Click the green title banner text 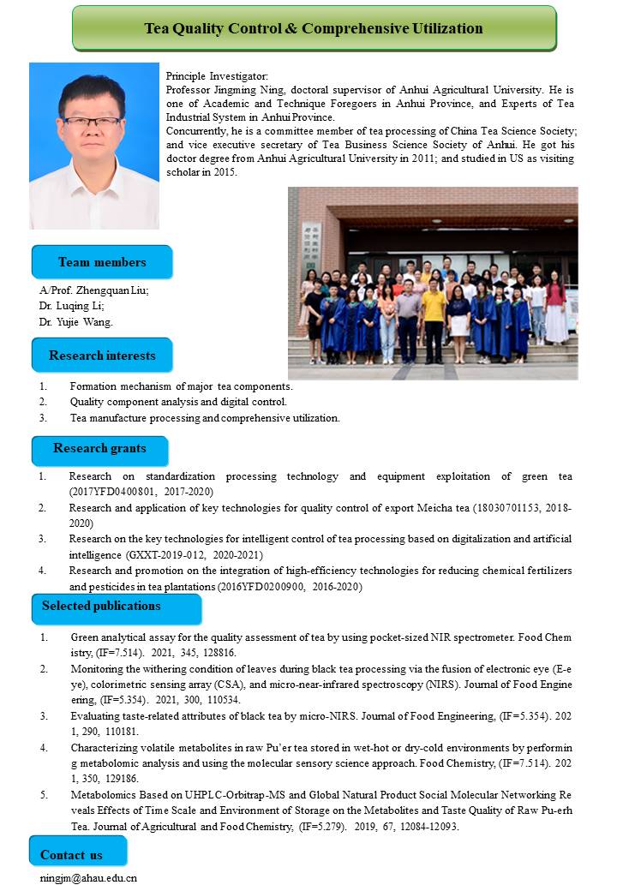tap(313, 28)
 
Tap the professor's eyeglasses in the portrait tap(92, 121)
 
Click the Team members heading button tap(102, 262)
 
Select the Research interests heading tap(102, 356)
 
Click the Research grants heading tap(99, 448)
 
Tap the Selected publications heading tap(101, 606)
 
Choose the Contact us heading tap(71, 854)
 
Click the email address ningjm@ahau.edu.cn tap(88, 877)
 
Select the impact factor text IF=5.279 tap(293, 827)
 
